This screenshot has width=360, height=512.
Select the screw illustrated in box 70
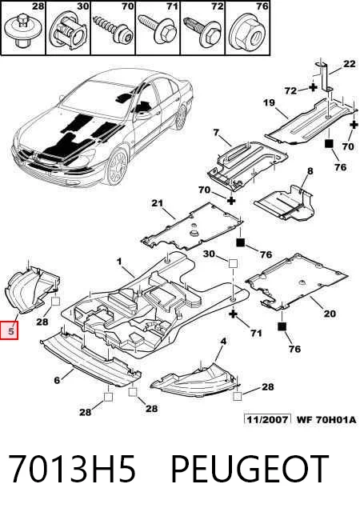[114, 29]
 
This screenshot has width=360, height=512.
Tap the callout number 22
[349, 63]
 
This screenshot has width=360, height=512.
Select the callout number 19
[269, 103]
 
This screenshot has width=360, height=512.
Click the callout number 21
[157, 203]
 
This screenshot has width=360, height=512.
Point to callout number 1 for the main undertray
[119, 262]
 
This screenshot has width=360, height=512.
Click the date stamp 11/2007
[267, 419]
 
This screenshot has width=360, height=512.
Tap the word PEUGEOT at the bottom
[250, 469]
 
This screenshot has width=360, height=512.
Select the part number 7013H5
[71, 469]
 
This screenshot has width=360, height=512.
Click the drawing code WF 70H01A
[326, 419]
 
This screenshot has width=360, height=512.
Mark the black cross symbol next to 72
[313, 87]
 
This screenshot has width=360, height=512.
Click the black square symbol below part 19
[329, 144]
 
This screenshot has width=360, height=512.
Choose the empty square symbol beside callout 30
[233, 263]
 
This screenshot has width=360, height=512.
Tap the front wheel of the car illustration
[117, 166]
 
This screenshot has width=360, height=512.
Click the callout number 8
[310, 170]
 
